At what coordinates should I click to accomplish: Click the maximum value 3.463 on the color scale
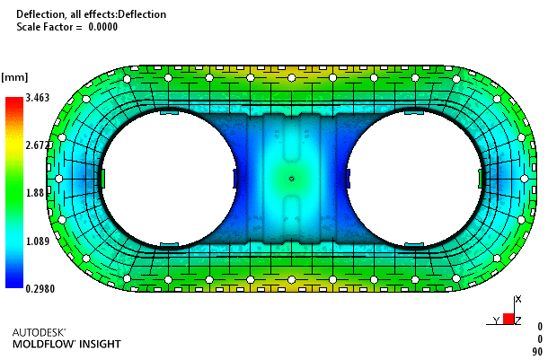[x=38, y=98]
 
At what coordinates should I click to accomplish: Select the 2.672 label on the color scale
[x=38, y=145]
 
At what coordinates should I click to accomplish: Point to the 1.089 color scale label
[x=38, y=241]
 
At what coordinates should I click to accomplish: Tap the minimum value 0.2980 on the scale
[x=40, y=289]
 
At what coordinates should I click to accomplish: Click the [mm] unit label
[x=14, y=77]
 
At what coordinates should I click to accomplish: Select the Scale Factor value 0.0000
[x=102, y=27]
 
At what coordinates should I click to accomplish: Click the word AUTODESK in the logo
[x=39, y=332]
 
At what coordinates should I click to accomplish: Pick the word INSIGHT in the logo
[x=100, y=344]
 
